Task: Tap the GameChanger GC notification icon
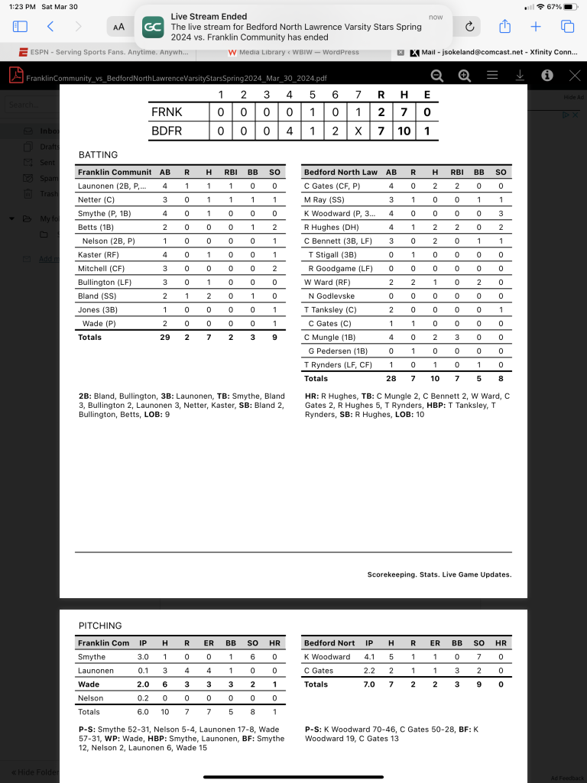coord(153,27)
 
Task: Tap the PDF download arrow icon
coord(520,76)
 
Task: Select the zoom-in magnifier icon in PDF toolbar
coord(465,76)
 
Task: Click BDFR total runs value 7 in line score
coord(381,131)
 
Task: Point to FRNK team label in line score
coord(167,112)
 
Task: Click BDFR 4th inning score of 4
coord(290,131)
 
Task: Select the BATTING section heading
coord(98,155)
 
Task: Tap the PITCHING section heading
coord(100,626)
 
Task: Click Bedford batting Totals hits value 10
coord(435,378)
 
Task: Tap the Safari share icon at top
coord(504,27)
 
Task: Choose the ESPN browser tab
coord(103,53)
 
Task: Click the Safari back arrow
coord(50,27)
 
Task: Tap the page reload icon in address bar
coord(469,27)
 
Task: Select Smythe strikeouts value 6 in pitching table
coord(253,657)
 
